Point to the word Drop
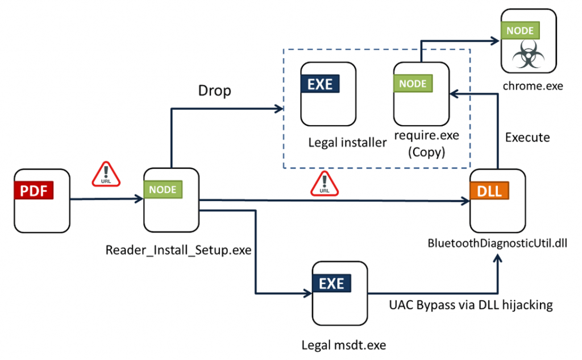click(x=214, y=90)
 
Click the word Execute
click(x=527, y=138)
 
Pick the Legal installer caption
click(x=347, y=143)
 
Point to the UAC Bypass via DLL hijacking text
click(x=469, y=305)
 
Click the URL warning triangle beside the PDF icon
click(x=106, y=174)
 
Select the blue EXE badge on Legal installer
click(x=320, y=84)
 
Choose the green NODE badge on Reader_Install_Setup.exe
click(x=163, y=190)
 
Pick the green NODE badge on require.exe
click(x=413, y=84)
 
